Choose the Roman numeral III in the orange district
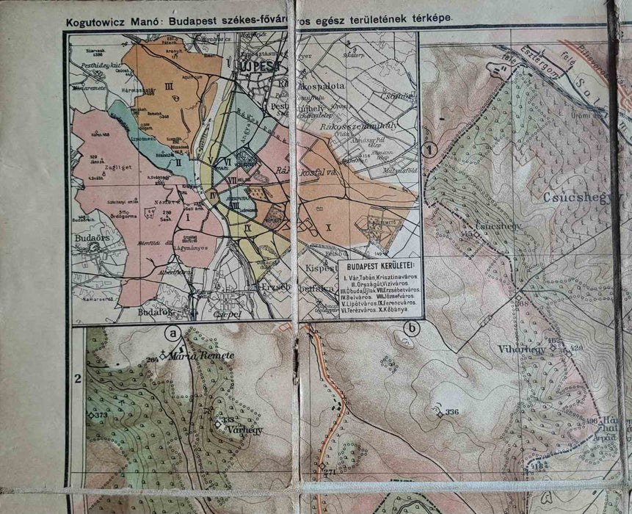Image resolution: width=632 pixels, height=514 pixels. pos(169,87)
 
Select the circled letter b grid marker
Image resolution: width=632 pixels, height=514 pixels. pos(412,329)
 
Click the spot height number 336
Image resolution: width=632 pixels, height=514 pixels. pos(451,412)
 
